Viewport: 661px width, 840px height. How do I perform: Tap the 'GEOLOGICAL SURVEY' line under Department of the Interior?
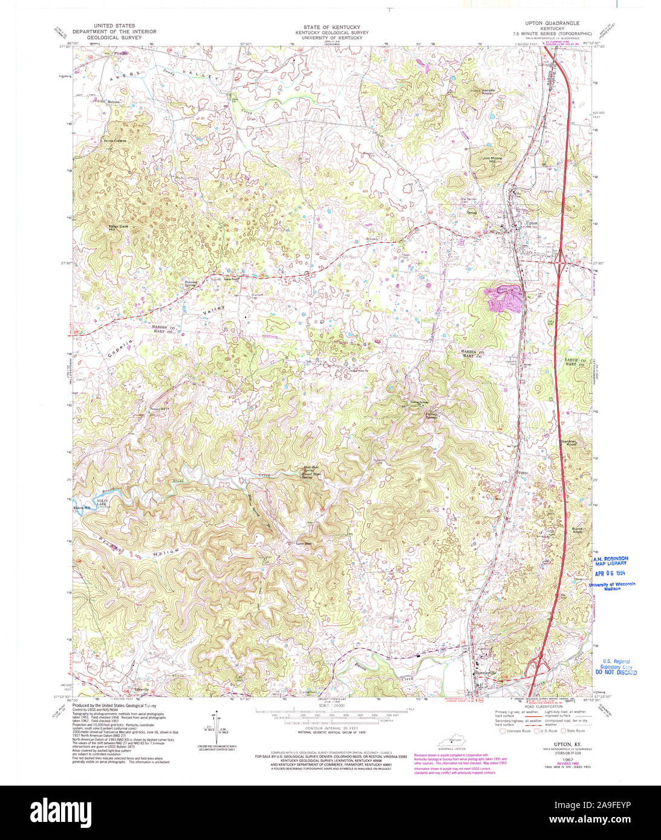[x=114, y=37]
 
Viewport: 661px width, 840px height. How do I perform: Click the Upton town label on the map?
[x=532, y=223]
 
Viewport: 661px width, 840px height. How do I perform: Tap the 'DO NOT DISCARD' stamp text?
[x=616, y=671]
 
